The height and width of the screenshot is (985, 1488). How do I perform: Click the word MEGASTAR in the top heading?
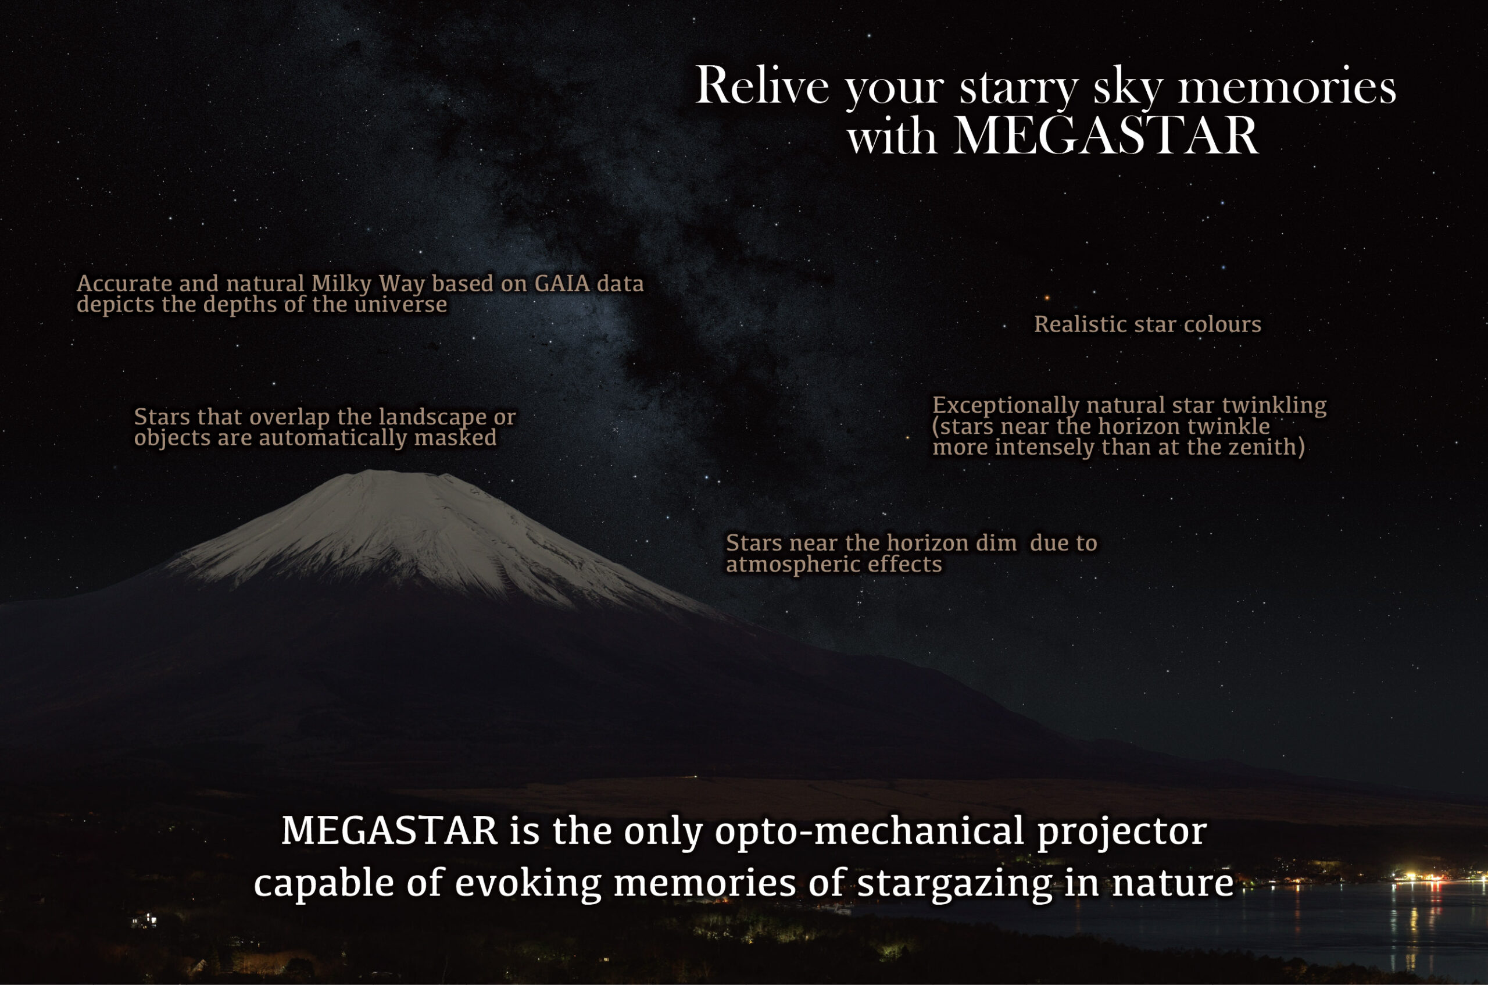click(x=1106, y=135)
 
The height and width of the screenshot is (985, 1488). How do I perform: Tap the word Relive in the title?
click(x=762, y=85)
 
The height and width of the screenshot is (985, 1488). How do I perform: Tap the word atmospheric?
click(x=793, y=564)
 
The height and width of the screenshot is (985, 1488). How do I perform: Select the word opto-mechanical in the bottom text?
click(x=870, y=831)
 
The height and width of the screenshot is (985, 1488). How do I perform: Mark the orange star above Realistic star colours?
click(x=1047, y=298)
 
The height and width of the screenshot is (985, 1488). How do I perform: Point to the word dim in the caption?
click(x=996, y=543)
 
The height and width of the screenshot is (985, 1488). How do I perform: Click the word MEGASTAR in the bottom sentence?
click(x=389, y=830)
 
